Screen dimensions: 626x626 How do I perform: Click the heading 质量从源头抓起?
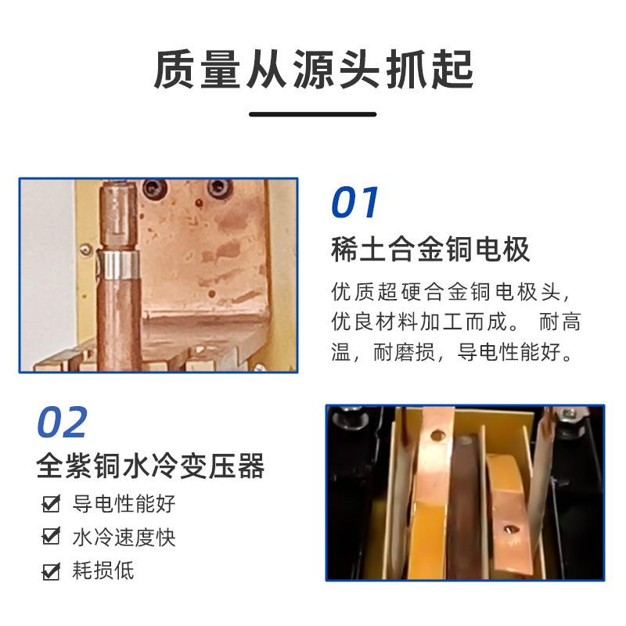pyautogui.click(x=313, y=70)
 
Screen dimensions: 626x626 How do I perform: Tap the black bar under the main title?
pyautogui.click(x=312, y=114)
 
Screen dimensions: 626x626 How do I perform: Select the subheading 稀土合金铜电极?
pyautogui.click(x=430, y=250)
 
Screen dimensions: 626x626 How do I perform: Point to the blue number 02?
pyautogui.click(x=62, y=423)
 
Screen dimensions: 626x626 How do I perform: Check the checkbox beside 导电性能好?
pyautogui.click(x=52, y=504)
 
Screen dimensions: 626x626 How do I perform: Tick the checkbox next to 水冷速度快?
pyautogui.click(x=52, y=538)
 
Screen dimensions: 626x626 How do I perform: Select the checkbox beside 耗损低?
pyautogui.click(x=52, y=571)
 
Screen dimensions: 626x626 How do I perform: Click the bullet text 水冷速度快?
pyautogui.click(x=124, y=538)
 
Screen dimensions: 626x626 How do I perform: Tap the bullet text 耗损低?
pyautogui.click(x=103, y=570)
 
